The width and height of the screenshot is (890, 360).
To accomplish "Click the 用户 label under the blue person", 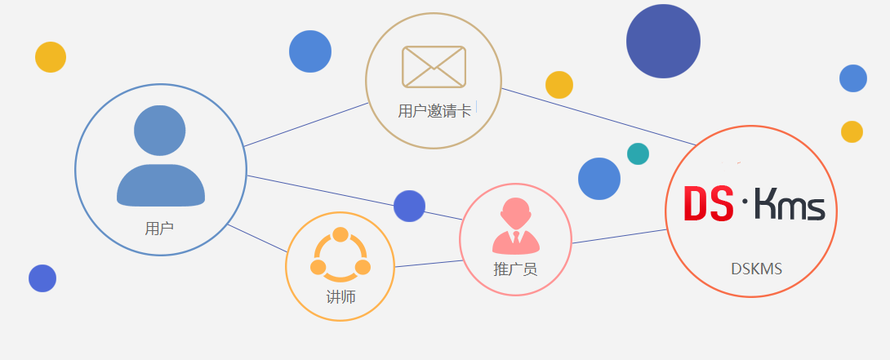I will point(159,229).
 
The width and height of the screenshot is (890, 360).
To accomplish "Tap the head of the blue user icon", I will point(160,131).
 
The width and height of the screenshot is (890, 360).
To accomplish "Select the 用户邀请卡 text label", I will point(434,111).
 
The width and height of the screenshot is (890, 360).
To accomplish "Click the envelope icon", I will point(434,67).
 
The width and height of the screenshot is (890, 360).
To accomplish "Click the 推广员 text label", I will point(515,269).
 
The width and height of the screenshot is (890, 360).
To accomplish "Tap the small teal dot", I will point(638,153).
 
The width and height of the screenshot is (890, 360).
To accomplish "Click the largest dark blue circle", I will point(664,41).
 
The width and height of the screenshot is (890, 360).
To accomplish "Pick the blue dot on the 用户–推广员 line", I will point(409,206).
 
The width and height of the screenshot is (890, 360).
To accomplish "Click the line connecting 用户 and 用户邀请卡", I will point(306,125).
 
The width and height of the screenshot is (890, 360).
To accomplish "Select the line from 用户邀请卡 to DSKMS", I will point(596,116).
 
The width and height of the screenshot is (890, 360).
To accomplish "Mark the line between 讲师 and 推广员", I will point(429,263).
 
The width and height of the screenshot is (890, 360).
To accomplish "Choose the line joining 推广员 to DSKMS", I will point(619,236).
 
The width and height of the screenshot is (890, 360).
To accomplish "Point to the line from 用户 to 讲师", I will point(258,238).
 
